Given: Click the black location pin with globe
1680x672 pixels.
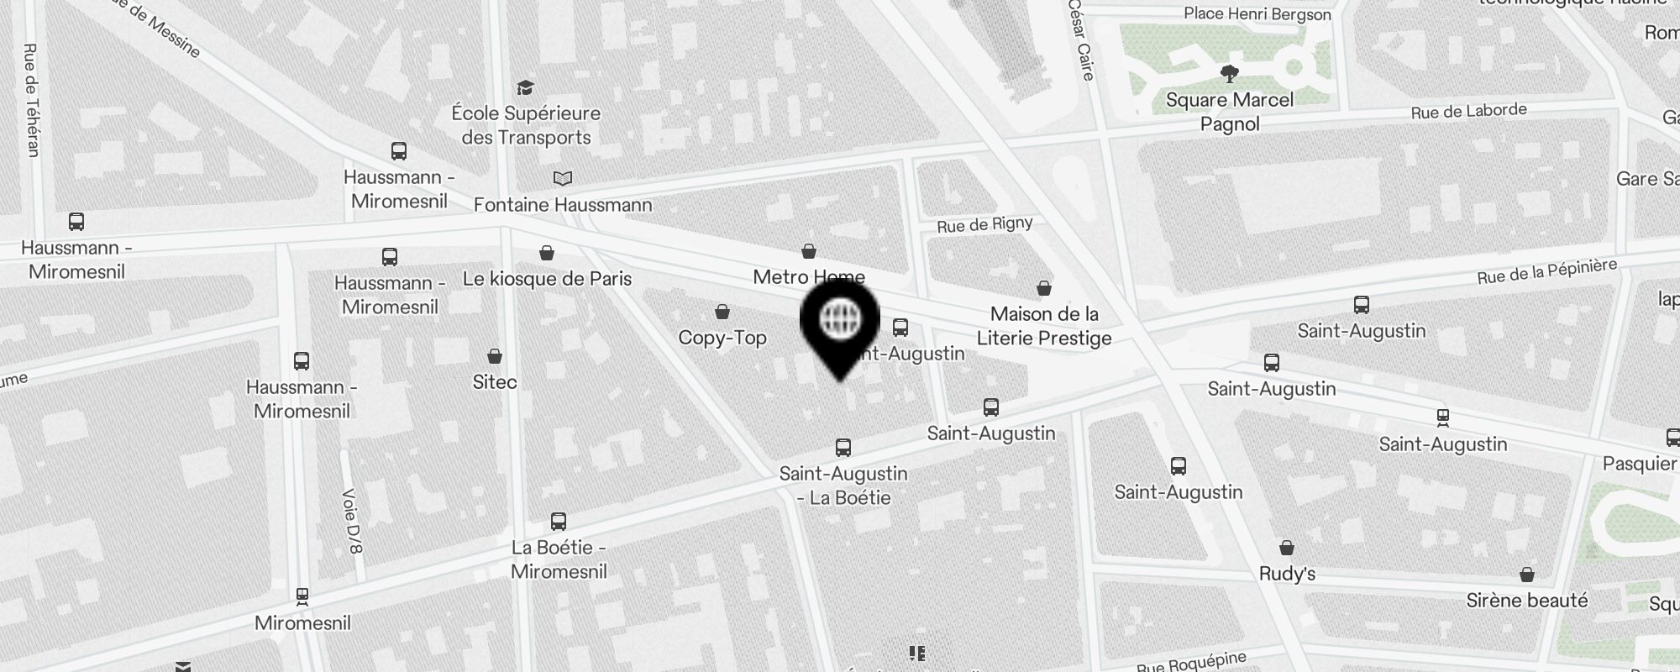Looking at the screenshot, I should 839,323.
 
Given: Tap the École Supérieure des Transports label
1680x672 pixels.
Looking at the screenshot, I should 526,125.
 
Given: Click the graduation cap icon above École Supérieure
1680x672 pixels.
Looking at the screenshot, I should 526,87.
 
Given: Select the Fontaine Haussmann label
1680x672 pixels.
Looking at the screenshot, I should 563,205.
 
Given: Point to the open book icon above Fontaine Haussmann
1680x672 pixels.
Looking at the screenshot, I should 563,178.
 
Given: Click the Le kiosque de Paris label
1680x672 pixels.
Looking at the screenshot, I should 547,279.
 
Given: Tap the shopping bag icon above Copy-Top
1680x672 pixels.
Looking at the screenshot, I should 722,312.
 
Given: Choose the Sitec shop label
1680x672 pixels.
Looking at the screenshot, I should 495,382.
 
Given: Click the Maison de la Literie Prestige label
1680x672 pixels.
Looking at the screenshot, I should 1044,326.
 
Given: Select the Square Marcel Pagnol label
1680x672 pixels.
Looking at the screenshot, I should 1230,112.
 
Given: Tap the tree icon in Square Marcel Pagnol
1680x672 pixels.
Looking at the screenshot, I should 1230,74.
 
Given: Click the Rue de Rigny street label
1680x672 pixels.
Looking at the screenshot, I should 984,224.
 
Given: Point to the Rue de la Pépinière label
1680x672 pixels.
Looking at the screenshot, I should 1546,271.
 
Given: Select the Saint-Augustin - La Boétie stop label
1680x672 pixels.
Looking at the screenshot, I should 843,486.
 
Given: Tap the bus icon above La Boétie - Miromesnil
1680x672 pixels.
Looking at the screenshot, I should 559,522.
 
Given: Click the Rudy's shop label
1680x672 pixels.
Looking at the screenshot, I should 1287,575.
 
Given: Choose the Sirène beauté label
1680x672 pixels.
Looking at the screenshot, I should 1527,601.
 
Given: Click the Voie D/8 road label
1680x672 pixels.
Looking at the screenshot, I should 353,521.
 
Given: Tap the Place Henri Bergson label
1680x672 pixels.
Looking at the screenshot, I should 1257,14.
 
